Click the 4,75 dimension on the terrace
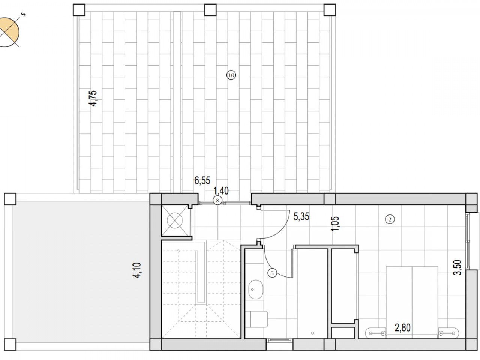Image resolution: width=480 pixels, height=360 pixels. tap(93, 98)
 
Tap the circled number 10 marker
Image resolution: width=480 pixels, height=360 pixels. tap(231, 75)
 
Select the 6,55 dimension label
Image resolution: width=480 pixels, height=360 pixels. tap(202, 181)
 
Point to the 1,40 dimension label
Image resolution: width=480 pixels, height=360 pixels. tap(221, 191)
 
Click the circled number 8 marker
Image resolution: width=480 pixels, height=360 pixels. tap(217, 200)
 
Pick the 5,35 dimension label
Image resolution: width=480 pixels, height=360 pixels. tap(301, 216)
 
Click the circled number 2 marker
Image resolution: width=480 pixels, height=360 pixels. tap(390, 219)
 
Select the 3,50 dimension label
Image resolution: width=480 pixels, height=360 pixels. tap(458, 267)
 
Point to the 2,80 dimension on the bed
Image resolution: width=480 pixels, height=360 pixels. tap(402, 328)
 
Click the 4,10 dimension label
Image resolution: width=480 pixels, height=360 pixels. tap(137, 270)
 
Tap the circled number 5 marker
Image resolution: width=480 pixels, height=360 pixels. tap(272, 273)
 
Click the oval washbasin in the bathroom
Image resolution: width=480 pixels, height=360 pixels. tap(256, 289)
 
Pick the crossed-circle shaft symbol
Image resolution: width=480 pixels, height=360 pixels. tap(175, 220)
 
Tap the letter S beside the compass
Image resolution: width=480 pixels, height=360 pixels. tap(23, 14)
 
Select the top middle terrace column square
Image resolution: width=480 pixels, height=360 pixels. tap(210, 10)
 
